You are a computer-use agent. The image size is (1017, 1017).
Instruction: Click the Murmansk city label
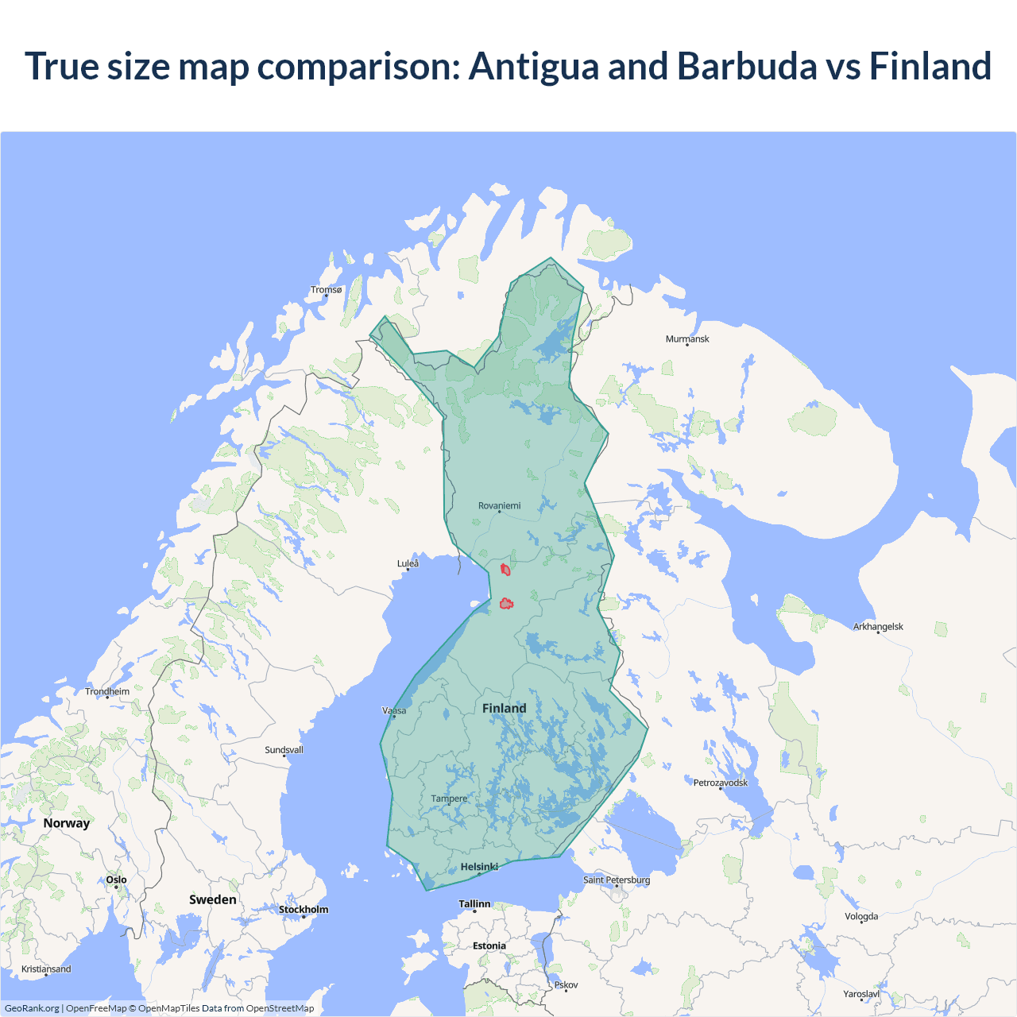(x=687, y=339)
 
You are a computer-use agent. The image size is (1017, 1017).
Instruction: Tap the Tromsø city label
(x=326, y=290)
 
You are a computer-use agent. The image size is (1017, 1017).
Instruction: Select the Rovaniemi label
(x=499, y=506)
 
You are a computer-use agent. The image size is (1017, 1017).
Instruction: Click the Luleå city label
(x=408, y=563)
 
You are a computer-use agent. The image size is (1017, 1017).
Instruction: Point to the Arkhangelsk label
(x=878, y=627)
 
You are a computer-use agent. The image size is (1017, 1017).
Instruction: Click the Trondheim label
(x=107, y=692)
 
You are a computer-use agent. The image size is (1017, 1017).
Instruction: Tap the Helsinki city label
(x=479, y=867)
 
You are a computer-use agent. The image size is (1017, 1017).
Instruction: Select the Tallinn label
(x=474, y=904)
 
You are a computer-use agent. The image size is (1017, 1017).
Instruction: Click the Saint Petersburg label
(x=617, y=880)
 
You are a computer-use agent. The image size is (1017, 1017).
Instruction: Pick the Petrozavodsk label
(x=721, y=783)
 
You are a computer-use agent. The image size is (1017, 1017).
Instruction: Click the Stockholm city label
(x=304, y=910)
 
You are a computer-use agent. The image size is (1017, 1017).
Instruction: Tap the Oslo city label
(x=116, y=880)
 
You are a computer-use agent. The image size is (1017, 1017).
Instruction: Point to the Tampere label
(x=449, y=799)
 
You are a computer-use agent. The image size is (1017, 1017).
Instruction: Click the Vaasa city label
(x=394, y=710)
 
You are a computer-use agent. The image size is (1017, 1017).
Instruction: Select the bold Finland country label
(x=504, y=708)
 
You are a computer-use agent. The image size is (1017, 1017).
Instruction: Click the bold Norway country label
(x=67, y=823)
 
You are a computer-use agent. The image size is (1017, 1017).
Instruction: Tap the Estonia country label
(x=489, y=945)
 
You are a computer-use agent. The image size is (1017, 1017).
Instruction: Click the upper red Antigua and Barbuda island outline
(x=505, y=570)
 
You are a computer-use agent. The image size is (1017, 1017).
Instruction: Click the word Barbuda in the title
(x=746, y=66)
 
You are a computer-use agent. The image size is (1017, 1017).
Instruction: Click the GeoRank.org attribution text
(x=32, y=1008)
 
